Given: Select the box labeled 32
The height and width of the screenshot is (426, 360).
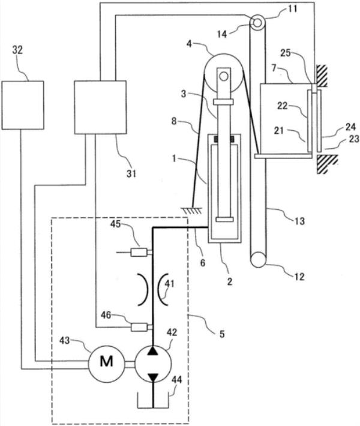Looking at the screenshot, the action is [x=23, y=105].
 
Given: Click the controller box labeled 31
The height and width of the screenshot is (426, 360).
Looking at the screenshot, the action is [x=100, y=107].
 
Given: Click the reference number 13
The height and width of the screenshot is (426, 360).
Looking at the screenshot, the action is [x=299, y=221].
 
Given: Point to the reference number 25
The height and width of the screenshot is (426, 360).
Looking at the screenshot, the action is [x=285, y=53].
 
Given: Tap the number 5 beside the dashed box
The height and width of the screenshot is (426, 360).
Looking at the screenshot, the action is [x=222, y=334].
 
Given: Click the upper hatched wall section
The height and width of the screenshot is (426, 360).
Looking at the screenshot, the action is [x=322, y=76].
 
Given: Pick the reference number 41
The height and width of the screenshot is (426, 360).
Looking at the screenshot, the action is [x=169, y=284].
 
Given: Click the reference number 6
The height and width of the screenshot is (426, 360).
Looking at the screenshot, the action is [x=203, y=263].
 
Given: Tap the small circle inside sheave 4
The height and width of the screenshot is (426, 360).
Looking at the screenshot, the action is [x=224, y=76].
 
